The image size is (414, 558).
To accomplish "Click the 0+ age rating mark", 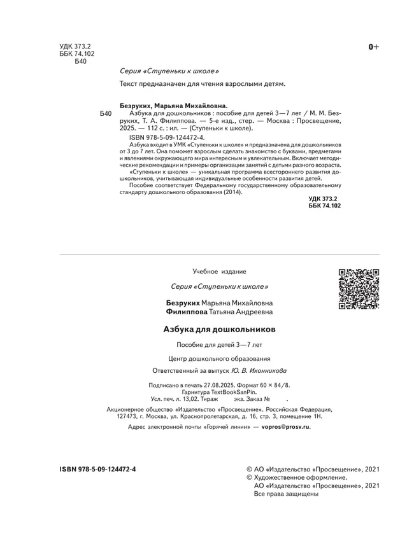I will (x=374, y=46).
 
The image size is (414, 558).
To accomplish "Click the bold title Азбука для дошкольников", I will (x=219, y=330).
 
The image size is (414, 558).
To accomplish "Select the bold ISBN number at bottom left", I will (x=97, y=468).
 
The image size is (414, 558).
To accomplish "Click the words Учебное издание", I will (x=219, y=272).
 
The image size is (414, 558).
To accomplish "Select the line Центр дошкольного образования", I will (x=219, y=358).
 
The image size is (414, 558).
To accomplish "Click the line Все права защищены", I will (x=286, y=494).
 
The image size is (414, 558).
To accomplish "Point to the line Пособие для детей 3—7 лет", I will (x=219, y=345).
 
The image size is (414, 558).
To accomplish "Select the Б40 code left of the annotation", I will (x=106, y=113).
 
